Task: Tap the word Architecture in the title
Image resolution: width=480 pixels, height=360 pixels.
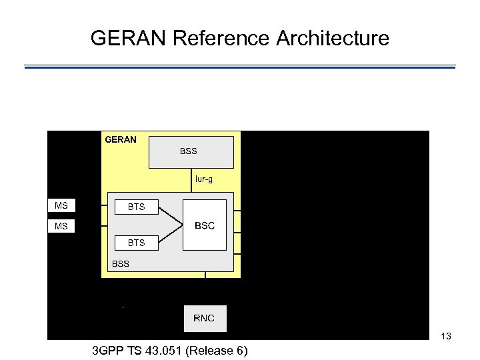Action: pyautogui.click(x=331, y=38)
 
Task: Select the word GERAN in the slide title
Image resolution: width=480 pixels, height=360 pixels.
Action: pyautogui.click(x=129, y=38)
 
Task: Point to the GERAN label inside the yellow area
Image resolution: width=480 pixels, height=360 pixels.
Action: pyautogui.click(x=121, y=139)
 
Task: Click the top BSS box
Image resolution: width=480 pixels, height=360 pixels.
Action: pyautogui.click(x=191, y=152)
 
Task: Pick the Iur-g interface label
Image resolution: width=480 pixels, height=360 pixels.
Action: pyautogui.click(x=204, y=179)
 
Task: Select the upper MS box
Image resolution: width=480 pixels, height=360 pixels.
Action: pyautogui.click(x=62, y=205)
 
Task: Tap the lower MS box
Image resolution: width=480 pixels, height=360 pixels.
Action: pyautogui.click(x=62, y=227)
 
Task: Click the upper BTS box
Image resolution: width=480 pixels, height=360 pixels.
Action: pyautogui.click(x=136, y=207)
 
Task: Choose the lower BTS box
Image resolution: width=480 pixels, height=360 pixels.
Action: pyautogui.click(x=136, y=243)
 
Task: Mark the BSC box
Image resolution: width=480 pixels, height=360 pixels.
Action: pyautogui.click(x=205, y=225)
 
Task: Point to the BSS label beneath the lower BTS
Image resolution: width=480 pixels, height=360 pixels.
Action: pyautogui.click(x=121, y=263)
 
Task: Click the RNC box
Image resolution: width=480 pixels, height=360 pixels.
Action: pyautogui.click(x=204, y=318)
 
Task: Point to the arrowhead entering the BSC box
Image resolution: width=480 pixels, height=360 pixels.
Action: pyautogui.click(x=180, y=225)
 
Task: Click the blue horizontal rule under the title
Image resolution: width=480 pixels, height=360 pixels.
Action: pyautogui.click(x=240, y=67)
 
